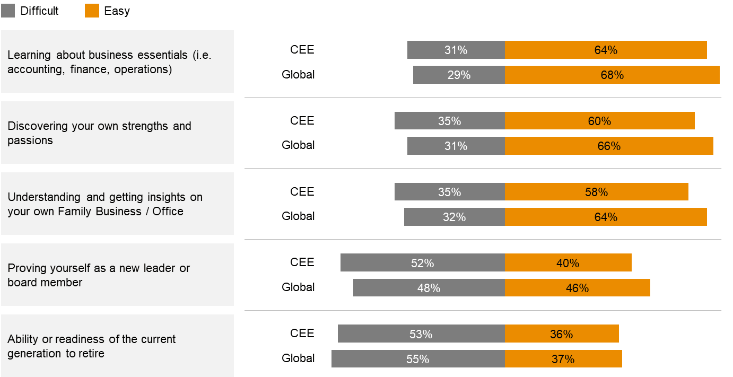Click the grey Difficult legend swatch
[8, 11]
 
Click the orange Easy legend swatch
[92, 11]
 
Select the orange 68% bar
[612, 75]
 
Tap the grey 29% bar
[459, 75]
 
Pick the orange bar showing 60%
[599, 121]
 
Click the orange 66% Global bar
[609, 146]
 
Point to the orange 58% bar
[596, 192]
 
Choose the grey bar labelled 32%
[454, 217]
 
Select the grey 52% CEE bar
[422, 263]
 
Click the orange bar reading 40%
[568, 263]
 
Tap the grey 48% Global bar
[429, 288]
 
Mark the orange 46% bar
[577, 288]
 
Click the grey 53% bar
[421, 334]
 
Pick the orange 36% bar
[562, 334]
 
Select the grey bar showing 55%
[418, 359]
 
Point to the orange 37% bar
[563, 359]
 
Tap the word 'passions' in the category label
[30, 141]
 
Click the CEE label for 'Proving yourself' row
[302, 262]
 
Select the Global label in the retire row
[298, 358]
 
